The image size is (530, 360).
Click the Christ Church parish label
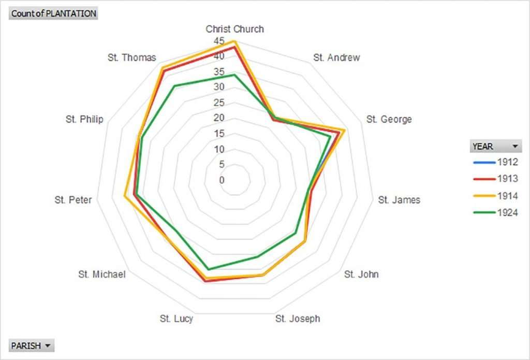coord(234,29)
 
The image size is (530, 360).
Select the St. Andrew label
coord(336,57)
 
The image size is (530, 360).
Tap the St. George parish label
coord(389,119)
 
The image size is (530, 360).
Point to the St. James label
coord(399,199)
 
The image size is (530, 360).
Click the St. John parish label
coord(361,274)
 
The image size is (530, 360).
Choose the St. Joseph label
coord(298,319)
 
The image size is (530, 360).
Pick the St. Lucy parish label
coord(176,319)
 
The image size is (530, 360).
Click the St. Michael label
coord(102,274)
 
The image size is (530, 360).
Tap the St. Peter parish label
coord(73,199)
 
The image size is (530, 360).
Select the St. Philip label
coord(84,119)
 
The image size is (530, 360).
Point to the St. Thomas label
coord(132,57)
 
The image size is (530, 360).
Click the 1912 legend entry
coord(495,162)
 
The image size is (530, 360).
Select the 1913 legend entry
coord(495,179)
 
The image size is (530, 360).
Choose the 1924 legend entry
coord(495,212)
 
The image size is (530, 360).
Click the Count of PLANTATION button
coord(53,13)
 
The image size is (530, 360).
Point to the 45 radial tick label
coord(219,41)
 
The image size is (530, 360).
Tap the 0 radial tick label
coord(222,180)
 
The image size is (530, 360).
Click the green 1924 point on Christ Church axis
coord(234,75)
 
